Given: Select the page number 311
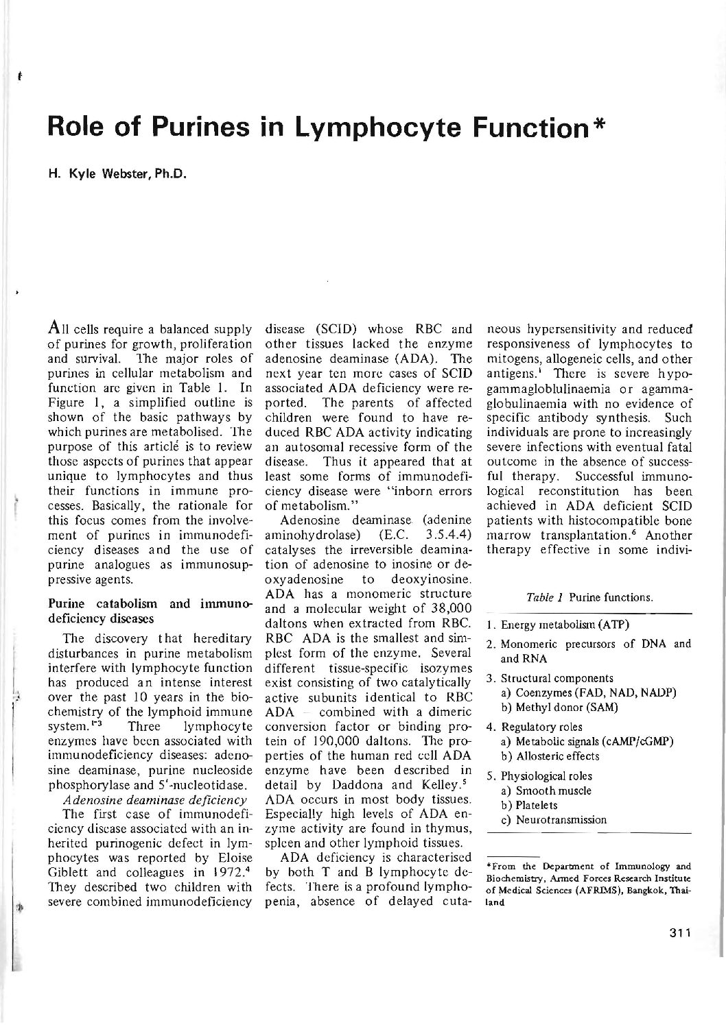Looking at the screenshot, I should click(675, 931).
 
